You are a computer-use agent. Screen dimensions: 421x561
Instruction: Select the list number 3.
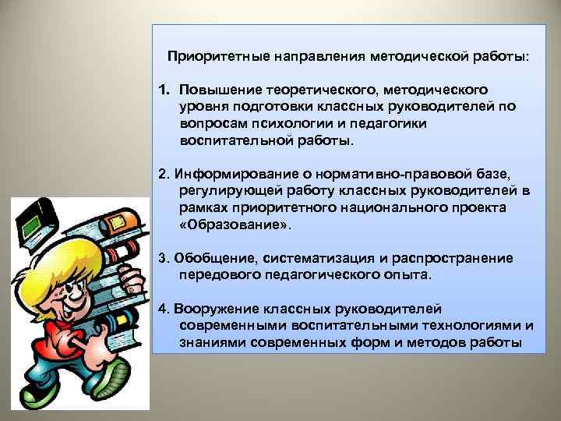coord(162,258)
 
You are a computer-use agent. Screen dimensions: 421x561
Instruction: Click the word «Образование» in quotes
coord(234,225)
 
